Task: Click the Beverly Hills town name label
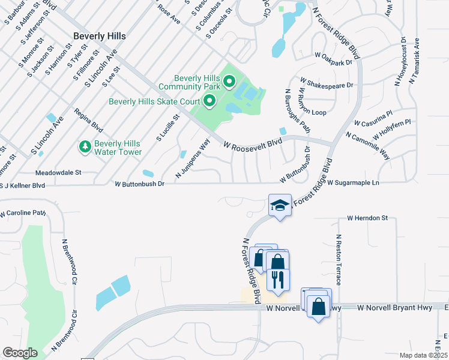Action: pos(100,36)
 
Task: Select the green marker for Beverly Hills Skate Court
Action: pos(209,101)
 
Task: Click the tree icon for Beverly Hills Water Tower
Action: pos(85,146)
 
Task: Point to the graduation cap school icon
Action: pos(279,205)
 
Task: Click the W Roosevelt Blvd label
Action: pos(253,144)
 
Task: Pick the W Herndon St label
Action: pos(367,218)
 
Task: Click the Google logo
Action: pos(20,353)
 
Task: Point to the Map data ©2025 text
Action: pos(423,355)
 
